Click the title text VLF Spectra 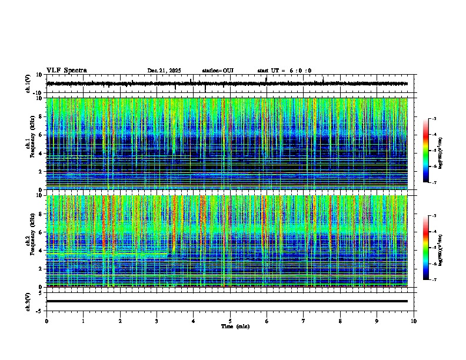66,71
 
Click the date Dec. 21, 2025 164,71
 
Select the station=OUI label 218,71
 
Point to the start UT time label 284,71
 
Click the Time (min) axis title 235,326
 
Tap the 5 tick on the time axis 230,321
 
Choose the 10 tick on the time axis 414,321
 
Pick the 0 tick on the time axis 46,321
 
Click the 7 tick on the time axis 304,321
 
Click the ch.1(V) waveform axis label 28,84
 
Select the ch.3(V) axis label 28,301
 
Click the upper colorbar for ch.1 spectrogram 426,151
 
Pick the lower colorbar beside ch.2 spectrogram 426,248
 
